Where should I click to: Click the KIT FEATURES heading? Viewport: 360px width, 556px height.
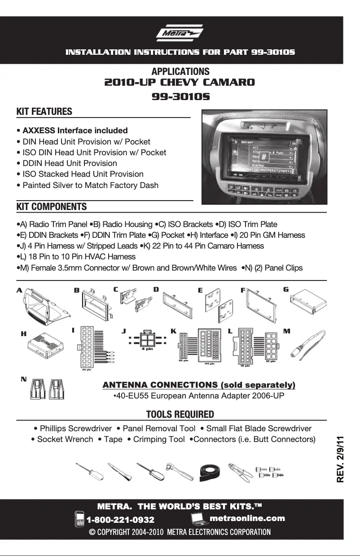[x=44, y=111]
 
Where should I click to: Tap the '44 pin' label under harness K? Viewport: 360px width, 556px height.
[x=209, y=364]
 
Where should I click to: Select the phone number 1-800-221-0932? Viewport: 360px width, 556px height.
[x=120, y=520]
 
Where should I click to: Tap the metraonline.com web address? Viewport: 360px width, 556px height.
[x=247, y=518]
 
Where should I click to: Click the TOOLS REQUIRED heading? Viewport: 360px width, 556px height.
[x=180, y=414]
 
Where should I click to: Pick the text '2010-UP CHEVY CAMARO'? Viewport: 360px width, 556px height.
[x=180, y=83]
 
